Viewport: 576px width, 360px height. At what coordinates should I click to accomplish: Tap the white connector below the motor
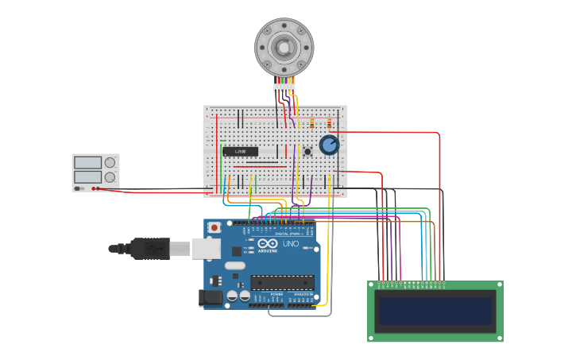(x=284, y=87)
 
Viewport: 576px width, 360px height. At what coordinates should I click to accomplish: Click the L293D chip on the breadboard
(x=239, y=151)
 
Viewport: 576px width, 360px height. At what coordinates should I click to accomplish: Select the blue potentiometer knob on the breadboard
(x=329, y=145)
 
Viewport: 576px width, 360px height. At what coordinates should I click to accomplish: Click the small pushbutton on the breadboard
(x=307, y=151)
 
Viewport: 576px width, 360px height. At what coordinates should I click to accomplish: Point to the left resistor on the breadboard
(x=312, y=124)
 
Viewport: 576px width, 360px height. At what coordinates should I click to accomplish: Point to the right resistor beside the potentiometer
(x=329, y=123)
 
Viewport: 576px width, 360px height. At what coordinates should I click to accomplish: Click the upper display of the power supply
(x=87, y=163)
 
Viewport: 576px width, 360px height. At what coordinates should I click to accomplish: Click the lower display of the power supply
(x=87, y=177)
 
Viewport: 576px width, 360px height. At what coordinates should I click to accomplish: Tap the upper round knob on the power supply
(x=110, y=163)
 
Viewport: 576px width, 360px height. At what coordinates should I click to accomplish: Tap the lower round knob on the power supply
(x=110, y=177)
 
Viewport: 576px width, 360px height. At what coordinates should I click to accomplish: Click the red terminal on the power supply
(x=94, y=188)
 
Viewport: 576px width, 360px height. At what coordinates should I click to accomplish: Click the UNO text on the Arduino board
(x=290, y=244)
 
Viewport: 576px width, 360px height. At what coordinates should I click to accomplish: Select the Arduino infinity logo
(x=267, y=244)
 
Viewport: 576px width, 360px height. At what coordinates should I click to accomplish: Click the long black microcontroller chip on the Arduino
(x=282, y=282)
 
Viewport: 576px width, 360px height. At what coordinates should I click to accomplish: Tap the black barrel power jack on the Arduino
(x=210, y=298)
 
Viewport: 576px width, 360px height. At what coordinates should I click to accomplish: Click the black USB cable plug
(x=151, y=249)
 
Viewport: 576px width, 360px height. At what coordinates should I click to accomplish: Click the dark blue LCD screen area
(x=435, y=311)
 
